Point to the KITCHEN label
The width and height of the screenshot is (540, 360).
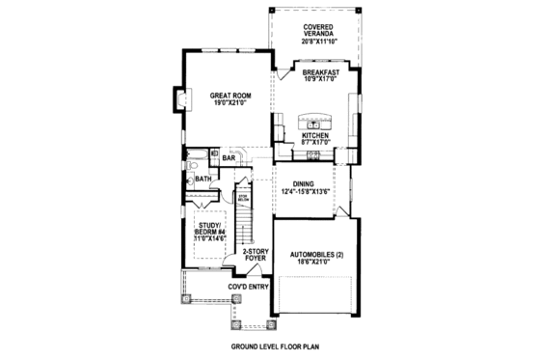pos(315,136)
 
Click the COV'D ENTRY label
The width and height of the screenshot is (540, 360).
pos(247,287)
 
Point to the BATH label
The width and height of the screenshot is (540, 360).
pos(203,179)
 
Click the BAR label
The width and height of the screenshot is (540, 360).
pos(229,157)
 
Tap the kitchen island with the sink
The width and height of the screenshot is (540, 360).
pos(313,123)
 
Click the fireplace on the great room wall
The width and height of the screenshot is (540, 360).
pos(179,98)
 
